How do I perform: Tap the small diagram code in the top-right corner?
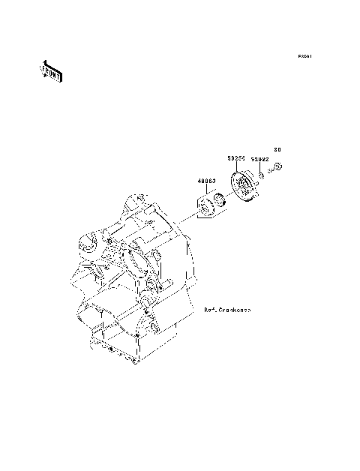(304, 56)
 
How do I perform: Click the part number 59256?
(237, 159)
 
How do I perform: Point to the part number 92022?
(259, 159)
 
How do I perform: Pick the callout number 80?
(276, 148)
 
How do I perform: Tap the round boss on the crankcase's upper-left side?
(88, 244)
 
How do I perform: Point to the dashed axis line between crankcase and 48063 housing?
(180, 226)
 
